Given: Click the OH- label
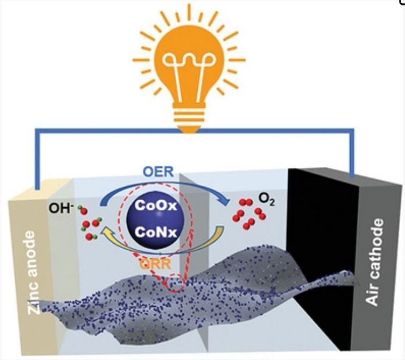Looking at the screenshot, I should point(66,208).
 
